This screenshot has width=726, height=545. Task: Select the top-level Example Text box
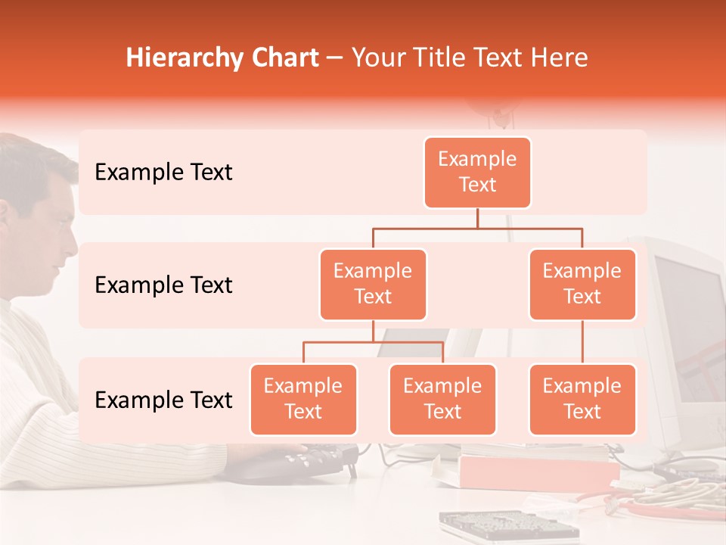(x=477, y=173)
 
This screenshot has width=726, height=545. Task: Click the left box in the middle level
(x=373, y=285)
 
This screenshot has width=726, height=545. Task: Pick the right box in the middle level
(x=582, y=285)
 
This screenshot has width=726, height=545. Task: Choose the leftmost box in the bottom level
(x=303, y=400)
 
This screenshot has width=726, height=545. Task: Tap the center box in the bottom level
(x=442, y=400)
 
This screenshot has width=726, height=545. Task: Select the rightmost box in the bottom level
(x=582, y=400)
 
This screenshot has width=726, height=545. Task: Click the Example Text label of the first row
(x=163, y=173)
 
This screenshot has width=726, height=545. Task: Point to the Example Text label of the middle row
(x=163, y=285)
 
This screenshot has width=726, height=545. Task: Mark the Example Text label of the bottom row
(x=163, y=400)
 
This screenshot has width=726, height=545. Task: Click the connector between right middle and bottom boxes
(x=582, y=342)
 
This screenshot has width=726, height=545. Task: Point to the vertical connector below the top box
(x=477, y=218)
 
